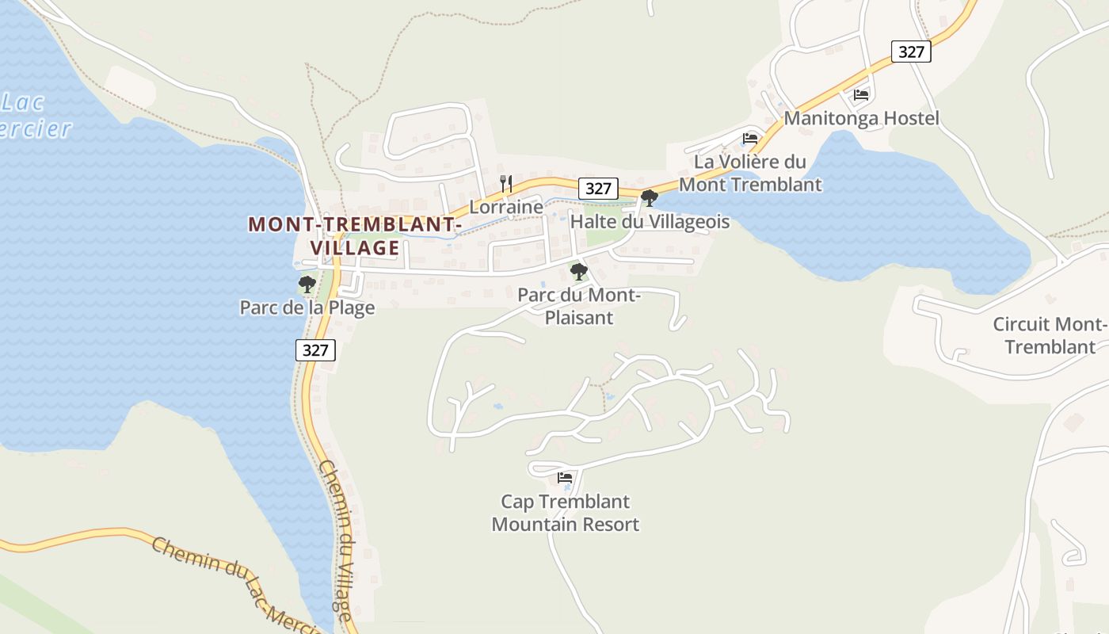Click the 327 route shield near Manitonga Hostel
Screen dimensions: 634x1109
tap(911, 52)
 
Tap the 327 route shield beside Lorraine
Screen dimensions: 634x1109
tap(598, 189)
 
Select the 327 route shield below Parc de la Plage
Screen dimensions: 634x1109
tap(315, 350)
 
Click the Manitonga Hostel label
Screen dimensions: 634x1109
tap(861, 119)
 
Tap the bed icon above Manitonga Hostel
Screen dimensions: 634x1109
tap(861, 95)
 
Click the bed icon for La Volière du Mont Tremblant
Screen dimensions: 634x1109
tap(749, 139)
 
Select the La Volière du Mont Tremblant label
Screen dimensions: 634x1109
tap(750, 174)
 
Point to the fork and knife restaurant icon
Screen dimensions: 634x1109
tap(506, 184)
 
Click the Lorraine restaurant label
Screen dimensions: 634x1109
tap(506, 208)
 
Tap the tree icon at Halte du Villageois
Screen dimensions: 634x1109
tap(649, 198)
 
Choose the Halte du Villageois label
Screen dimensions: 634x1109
tap(650, 222)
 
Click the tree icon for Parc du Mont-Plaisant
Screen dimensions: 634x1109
tap(579, 272)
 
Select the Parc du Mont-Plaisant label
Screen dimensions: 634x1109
tap(578, 307)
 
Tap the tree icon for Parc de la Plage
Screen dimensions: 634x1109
tap(307, 284)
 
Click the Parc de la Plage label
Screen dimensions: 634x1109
tap(307, 307)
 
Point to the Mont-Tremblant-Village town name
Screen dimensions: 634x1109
tap(355, 236)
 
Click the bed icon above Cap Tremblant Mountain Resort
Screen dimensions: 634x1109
tap(565, 478)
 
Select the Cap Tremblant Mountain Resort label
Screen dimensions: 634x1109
tap(565, 513)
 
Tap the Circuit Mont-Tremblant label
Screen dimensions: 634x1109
tap(1050, 336)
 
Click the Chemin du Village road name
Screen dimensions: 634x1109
tap(336, 539)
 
